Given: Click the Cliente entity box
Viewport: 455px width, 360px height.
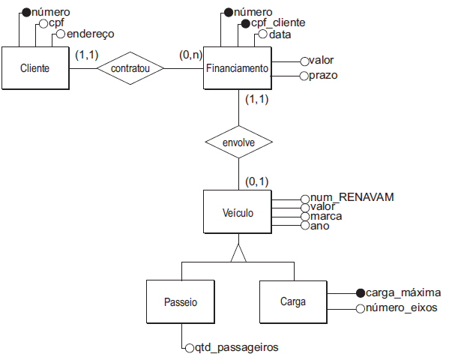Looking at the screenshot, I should pos(34,68).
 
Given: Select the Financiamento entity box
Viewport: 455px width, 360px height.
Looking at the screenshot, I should pos(237,68).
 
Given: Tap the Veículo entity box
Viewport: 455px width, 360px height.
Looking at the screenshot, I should pos(238,213).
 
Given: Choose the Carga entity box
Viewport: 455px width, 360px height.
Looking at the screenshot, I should pos(292,301).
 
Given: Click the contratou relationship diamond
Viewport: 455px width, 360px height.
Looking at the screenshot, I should pos(130,68).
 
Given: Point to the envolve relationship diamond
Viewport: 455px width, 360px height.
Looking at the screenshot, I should pos(238,141).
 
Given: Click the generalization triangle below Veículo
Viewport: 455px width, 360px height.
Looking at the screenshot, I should pos(238,255).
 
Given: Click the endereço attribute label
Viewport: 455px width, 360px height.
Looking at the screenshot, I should pos(91,34).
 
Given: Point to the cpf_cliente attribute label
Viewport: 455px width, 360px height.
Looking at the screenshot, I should pos(278,23).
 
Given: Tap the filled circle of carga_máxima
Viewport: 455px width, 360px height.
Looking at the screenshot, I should pos(360,293).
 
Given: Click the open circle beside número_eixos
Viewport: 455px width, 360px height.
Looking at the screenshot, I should pos(360,308).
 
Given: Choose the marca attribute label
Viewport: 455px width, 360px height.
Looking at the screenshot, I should pos(326,216).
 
